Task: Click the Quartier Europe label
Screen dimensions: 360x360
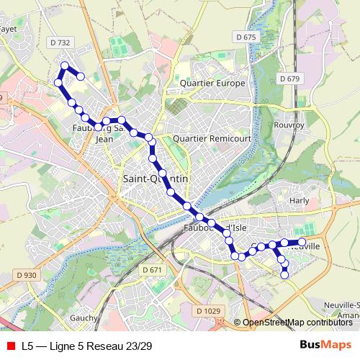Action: click(x=212, y=83)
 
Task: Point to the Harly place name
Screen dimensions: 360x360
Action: click(x=298, y=201)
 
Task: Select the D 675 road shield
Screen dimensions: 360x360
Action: click(x=246, y=37)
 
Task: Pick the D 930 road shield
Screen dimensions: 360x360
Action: click(x=25, y=275)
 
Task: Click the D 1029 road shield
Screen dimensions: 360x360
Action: click(x=208, y=310)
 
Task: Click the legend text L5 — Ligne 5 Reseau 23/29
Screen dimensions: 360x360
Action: click(x=86, y=346)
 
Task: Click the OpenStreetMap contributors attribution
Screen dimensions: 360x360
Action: click(x=297, y=323)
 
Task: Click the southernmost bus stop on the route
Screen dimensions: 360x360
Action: click(x=285, y=274)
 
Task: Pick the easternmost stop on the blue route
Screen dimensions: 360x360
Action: click(x=302, y=242)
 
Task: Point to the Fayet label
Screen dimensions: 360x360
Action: click(x=9, y=29)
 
